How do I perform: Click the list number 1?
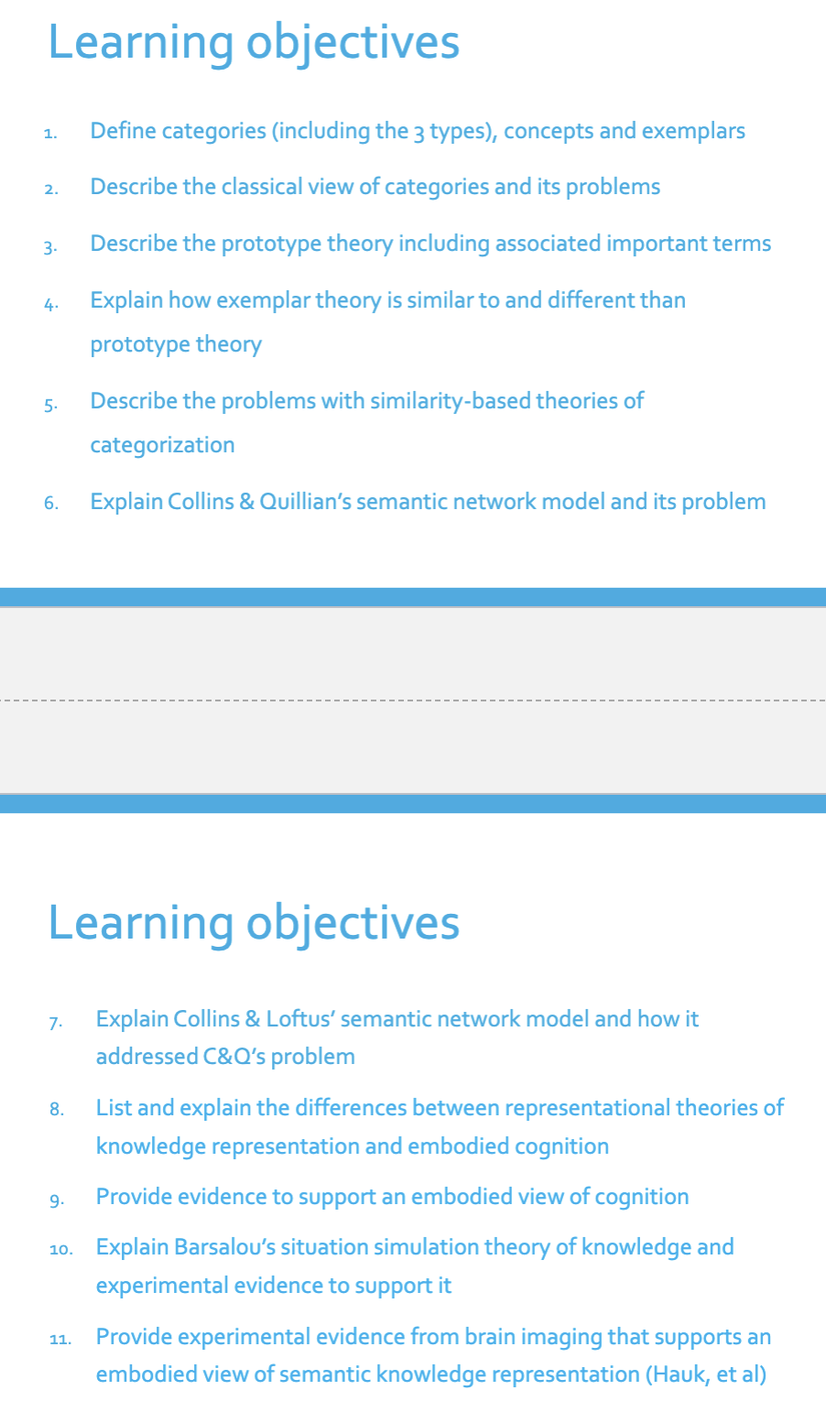(50, 134)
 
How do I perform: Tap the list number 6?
(51, 504)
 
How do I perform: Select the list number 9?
(57, 1200)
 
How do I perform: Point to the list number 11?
(60, 1340)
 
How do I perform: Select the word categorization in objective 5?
(162, 445)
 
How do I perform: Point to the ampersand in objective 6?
(246, 502)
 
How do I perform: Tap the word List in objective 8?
(114, 1108)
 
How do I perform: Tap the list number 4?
(51, 303)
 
